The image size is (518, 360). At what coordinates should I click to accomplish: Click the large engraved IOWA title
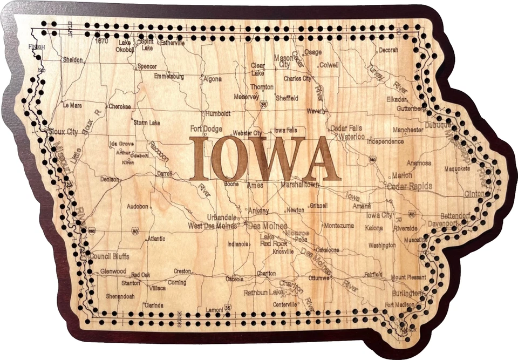pos(265,159)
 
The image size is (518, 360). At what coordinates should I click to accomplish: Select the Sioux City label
pos(63,131)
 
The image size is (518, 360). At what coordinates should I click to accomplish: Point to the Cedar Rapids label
pos(410,186)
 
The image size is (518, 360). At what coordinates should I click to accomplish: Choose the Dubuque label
pos(438,125)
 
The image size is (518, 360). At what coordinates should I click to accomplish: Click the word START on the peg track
pos(70,30)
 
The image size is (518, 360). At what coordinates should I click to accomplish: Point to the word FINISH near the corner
pos(36,47)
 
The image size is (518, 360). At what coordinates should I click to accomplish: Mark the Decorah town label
pos(388,50)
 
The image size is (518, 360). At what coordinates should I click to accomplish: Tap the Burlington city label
pos(408,293)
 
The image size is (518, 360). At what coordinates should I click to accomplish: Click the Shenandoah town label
pos(120,296)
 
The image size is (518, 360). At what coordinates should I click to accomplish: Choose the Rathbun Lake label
pos(263,293)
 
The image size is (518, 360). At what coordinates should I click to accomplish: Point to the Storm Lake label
pos(147,123)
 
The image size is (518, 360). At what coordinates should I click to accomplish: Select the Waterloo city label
pos(352,137)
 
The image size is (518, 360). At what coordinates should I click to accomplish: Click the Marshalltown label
pos(300,185)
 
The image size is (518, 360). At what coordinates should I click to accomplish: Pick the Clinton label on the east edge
pos(474,194)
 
